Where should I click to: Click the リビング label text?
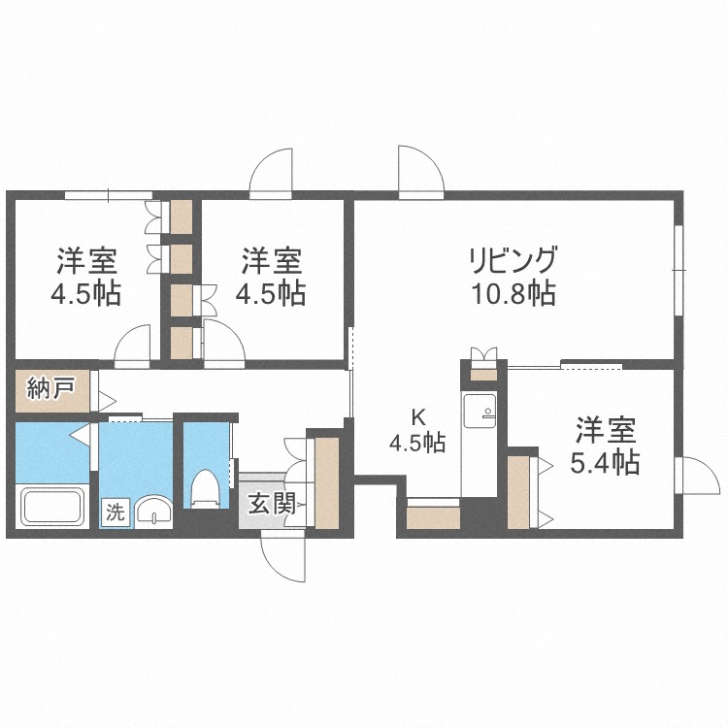coord(513,261)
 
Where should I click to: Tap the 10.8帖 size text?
coord(513,293)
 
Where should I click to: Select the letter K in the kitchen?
coord(418,418)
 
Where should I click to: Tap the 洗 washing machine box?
coord(115,512)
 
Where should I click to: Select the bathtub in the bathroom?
coord(54,508)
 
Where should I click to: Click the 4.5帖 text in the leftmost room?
coord(86,293)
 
